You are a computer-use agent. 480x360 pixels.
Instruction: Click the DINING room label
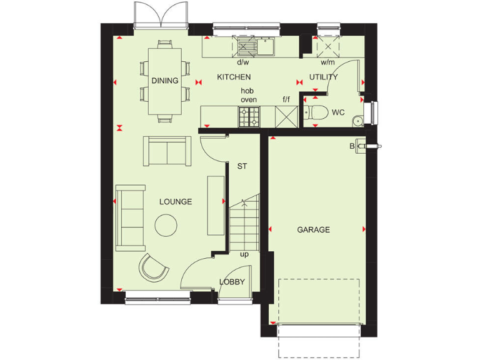tap(165, 81)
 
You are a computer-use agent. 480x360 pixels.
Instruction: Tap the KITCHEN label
tap(234, 77)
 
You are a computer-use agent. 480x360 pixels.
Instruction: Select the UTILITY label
tap(323, 77)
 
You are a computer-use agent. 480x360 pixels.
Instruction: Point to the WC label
tap(338, 113)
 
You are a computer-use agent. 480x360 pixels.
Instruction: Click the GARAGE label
tap(313, 230)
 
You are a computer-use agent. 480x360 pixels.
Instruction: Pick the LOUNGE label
tap(176, 202)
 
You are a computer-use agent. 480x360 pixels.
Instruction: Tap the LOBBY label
tap(232, 282)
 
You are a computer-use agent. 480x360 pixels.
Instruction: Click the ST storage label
tap(242, 167)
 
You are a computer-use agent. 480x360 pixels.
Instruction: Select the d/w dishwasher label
tap(242, 62)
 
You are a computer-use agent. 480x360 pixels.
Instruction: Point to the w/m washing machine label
tap(327, 62)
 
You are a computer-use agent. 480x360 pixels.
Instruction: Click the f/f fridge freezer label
tap(286, 99)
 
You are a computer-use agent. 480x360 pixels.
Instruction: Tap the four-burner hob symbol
tap(249, 116)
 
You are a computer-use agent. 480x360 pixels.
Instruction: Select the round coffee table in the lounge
tap(166, 225)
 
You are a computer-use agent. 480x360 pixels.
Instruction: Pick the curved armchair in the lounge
tap(153, 267)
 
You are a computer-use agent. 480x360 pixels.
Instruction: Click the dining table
tap(165, 81)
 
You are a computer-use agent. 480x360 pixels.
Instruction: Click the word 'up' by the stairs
tap(244, 254)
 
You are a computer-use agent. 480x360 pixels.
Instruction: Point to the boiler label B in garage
tap(352, 146)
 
